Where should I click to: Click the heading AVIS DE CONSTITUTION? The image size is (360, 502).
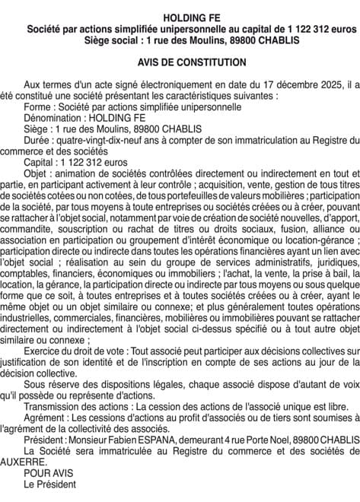(x=180, y=62)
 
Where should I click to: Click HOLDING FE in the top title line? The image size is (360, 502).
(x=180, y=17)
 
